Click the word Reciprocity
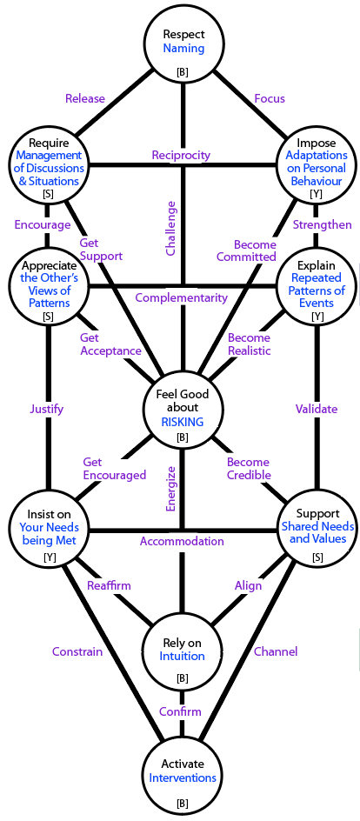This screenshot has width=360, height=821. [181, 155]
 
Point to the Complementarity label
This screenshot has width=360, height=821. [182, 298]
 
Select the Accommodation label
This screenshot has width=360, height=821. [182, 541]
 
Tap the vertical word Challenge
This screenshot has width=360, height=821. [170, 228]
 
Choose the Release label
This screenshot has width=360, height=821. [85, 98]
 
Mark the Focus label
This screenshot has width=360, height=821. [270, 98]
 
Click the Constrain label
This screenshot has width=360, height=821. [77, 652]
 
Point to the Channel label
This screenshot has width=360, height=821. [276, 652]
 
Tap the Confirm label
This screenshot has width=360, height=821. [181, 711]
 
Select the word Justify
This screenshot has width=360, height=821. [47, 410]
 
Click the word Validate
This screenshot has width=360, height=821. [317, 409]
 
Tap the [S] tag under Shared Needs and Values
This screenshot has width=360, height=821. [317, 558]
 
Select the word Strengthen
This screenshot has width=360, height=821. [323, 225]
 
